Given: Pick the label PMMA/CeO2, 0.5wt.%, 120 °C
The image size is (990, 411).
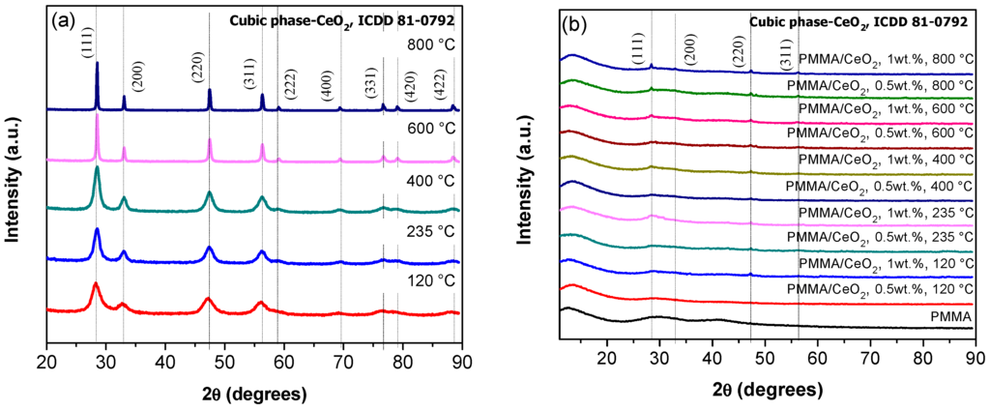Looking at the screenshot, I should point(880,289).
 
